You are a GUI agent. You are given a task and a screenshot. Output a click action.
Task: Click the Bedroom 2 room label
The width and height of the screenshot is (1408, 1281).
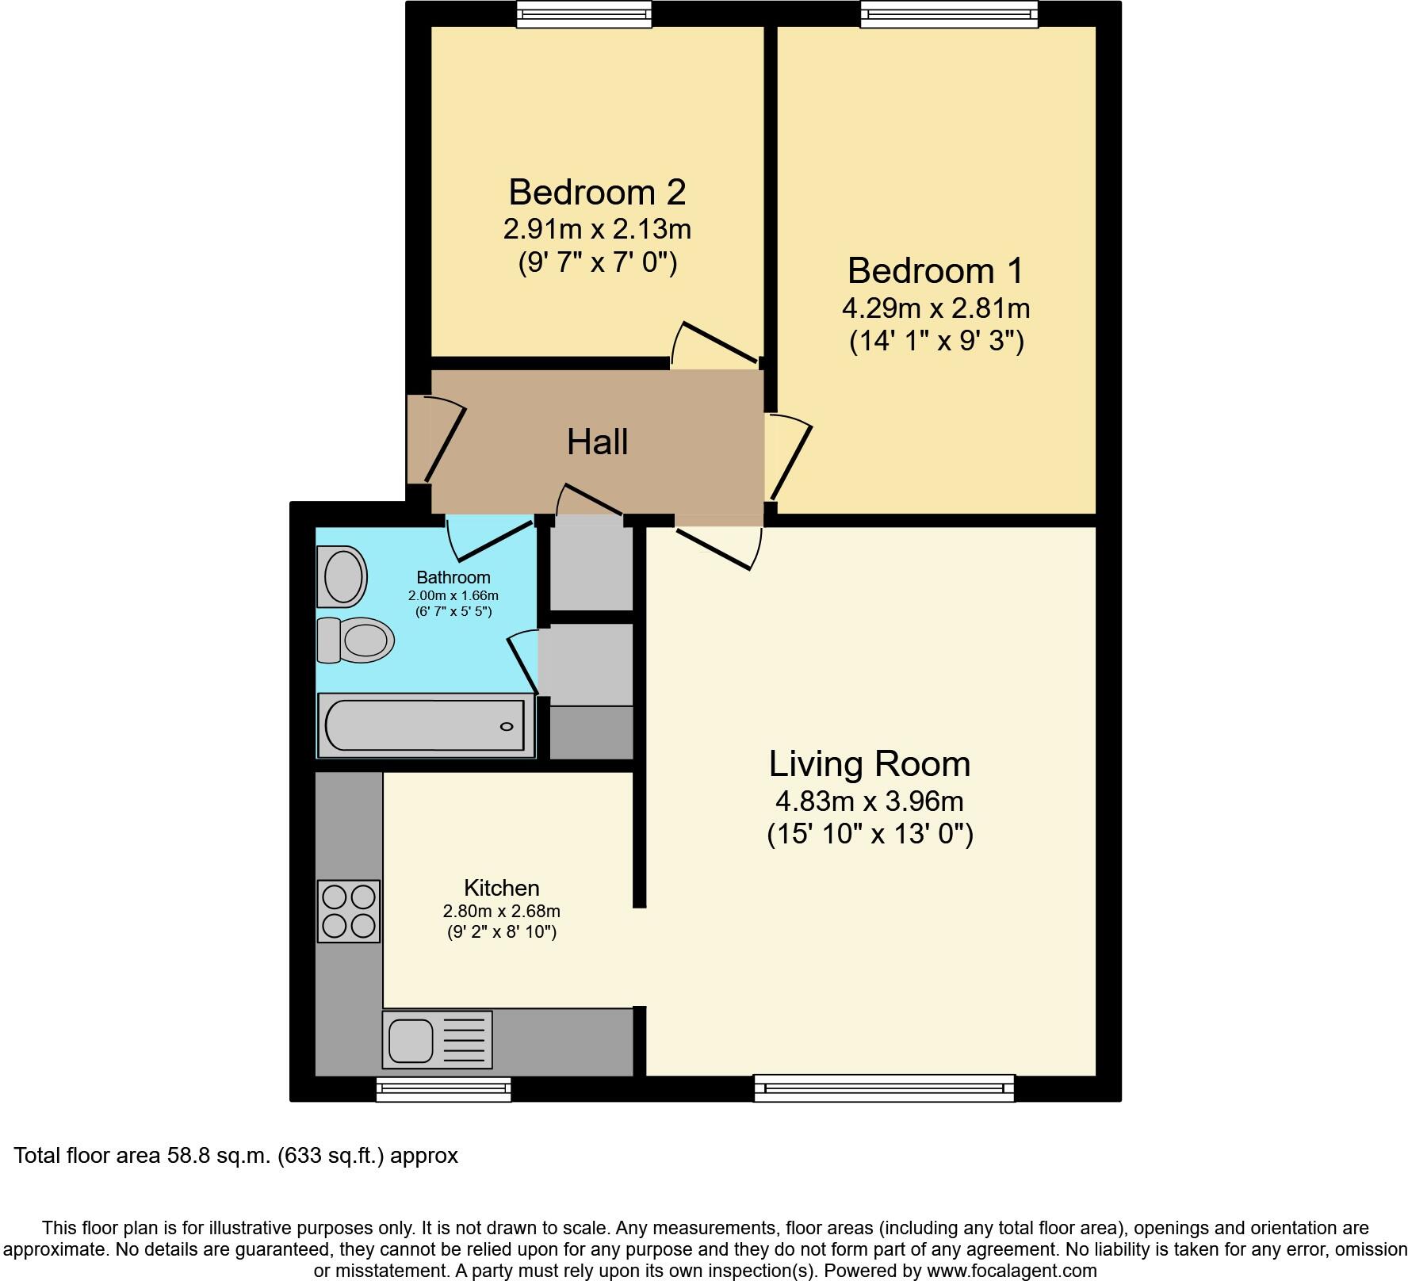pos(597,193)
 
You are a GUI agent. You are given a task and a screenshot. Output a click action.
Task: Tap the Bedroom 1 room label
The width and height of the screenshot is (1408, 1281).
pos(935,271)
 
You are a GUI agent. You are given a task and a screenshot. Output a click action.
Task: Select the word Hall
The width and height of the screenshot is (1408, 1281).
pos(597,442)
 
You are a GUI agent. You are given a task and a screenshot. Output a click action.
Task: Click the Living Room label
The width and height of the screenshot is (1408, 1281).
pos(870,764)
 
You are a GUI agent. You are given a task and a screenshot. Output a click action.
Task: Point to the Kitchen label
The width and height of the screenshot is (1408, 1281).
pos(502,888)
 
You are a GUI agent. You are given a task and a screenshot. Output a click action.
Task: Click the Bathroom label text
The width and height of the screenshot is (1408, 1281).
pos(453,578)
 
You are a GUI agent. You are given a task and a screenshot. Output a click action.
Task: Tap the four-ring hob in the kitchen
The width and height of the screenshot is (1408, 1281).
pos(349,911)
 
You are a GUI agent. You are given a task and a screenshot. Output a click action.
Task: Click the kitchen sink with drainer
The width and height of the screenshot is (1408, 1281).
pos(437,1038)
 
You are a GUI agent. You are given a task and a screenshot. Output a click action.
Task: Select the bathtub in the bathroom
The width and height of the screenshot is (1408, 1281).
pos(426,725)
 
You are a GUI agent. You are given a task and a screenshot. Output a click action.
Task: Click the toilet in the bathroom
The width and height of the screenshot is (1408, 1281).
pos(356,640)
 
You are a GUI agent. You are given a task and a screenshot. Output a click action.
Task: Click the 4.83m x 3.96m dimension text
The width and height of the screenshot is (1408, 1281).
pos(870,801)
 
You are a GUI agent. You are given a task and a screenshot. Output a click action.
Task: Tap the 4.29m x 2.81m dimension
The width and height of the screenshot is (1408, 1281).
pos(935,308)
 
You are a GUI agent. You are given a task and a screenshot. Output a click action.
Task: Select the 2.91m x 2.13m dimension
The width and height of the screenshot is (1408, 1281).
pos(597,230)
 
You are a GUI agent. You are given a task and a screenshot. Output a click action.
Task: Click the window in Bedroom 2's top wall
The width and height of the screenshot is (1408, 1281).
pos(584,14)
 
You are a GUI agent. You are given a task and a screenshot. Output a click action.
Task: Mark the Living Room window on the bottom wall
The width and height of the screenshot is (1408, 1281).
pos(884,1088)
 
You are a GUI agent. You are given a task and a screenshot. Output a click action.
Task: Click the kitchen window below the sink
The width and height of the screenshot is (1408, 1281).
pos(443,1089)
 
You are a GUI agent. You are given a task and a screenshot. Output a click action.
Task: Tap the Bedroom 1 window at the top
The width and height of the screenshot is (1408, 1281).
pos(949,14)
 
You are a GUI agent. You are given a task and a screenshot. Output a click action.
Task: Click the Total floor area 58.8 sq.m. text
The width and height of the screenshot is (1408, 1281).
pos(236,1156)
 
